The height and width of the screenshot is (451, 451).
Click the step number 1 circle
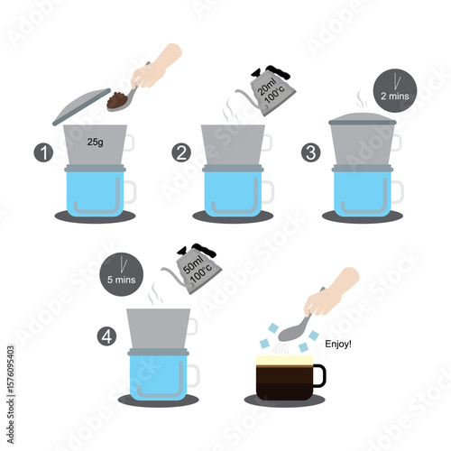[43, 152]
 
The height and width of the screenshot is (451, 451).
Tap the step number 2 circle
[181, 152]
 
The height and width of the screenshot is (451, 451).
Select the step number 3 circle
[311, 152]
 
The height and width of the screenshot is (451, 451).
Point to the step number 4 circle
[106, 336]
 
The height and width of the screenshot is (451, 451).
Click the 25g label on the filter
[95, 142]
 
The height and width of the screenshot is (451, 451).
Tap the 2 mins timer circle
[395, 91]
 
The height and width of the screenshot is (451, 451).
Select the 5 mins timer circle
[122, 274]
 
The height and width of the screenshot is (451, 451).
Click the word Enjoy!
[338, 344]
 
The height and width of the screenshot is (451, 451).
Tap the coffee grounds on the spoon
[118, 100]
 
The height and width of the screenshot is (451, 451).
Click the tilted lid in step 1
[82, 106]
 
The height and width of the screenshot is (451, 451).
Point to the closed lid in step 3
[363, 119]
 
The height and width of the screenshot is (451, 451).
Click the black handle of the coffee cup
[320, 375]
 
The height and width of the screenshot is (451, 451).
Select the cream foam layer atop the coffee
[284, 360]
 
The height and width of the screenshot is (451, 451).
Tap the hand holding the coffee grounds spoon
[156, 67]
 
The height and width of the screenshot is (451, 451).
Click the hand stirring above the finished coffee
[331, 291]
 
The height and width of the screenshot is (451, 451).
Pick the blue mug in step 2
[233, 192]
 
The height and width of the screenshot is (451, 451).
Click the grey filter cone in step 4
[159, 329]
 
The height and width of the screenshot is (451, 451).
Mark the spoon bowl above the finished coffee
[291, 334]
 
